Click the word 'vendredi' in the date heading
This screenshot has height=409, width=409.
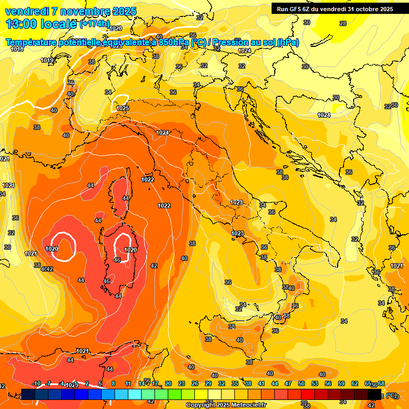point(26,11)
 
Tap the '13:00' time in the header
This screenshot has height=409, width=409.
point(22,23)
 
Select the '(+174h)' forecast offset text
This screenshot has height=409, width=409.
point(94,24)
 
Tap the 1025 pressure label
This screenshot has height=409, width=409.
point(122,108)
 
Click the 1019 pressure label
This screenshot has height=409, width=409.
point(47,60)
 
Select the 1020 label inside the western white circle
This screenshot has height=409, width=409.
point(52,249)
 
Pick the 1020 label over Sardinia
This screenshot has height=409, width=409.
point(130,250)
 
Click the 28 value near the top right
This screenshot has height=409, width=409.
point(343,23)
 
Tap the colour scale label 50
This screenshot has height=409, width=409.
point(301,383)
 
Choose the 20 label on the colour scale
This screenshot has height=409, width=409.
point(168,383)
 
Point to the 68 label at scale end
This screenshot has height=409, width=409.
point(381,383)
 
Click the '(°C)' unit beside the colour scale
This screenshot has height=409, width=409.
point(391,395)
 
